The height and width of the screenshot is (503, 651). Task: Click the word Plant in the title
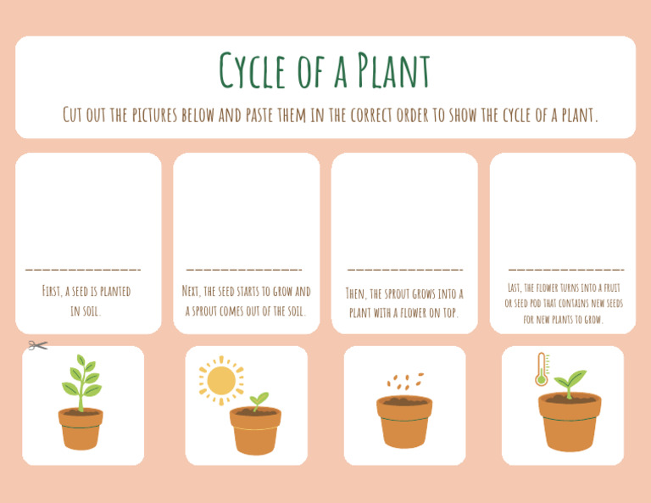point(393,71)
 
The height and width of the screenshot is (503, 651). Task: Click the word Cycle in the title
point(254,71)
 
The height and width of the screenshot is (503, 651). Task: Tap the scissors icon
point(36,345)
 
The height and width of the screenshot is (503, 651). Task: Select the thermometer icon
point(542,370)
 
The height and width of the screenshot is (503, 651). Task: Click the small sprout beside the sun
point(258,400)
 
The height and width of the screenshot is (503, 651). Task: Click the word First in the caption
point(52,292)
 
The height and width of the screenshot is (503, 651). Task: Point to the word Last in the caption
point(515,288)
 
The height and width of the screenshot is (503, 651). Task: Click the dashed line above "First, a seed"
point(83,270)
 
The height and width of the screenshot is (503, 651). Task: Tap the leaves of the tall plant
point(81,378)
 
